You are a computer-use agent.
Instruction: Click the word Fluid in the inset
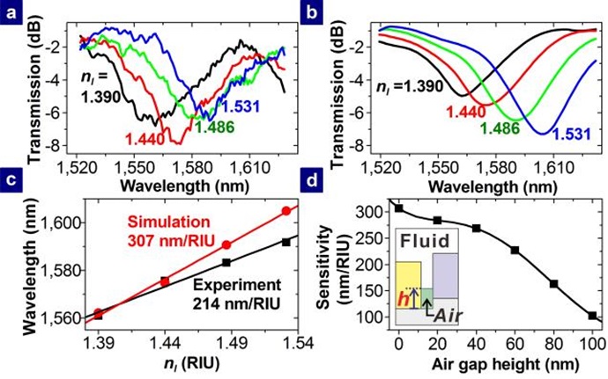pyautogui.click(x=426, y=240)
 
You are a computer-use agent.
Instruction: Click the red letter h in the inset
pyautogui.click(x=403, y=299)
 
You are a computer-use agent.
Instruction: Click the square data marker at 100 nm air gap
pyautogui.click(x=592, y=315)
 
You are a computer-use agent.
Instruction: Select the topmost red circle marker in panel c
pyautogui.click(x=285, y=211)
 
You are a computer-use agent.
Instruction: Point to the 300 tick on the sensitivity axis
pyautogui.click(x=375, y=213)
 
